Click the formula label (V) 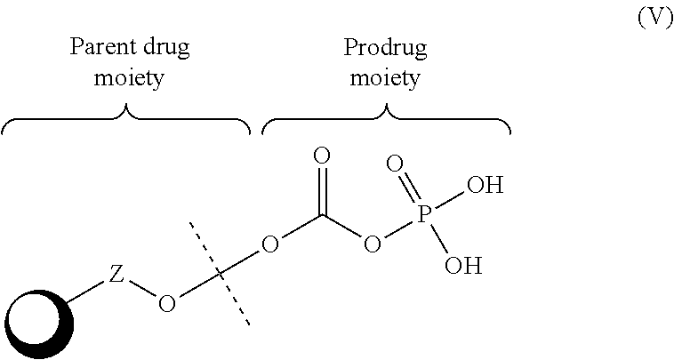[655, 19]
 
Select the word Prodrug [385, 48]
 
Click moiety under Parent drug [129, 78]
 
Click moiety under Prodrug [385, 78]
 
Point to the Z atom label [116, 275]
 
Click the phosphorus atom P [424, 214]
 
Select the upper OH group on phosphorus [485, 186]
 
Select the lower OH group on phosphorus [463, 266]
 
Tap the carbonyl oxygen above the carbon [322, 156]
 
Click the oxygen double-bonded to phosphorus [395, 164]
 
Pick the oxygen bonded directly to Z [167, 304]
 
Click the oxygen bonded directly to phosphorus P [373, 244]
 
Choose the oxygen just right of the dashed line [270, 244]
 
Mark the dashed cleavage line [220, 274]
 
